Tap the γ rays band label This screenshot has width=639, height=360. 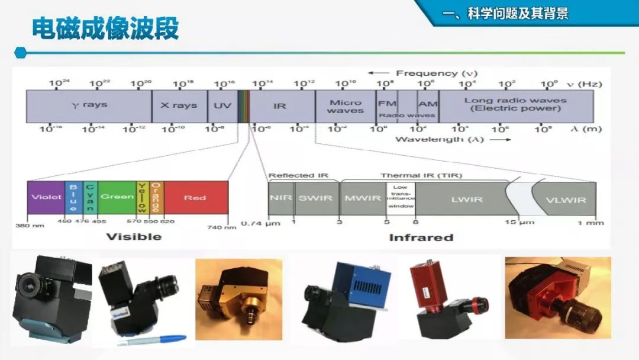89,105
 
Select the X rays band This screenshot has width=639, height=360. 179,105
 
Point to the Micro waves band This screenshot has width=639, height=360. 345,107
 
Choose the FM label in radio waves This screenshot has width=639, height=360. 386,103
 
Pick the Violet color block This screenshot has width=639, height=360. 46,197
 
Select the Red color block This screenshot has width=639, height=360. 195,197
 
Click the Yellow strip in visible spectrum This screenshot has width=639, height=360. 142,197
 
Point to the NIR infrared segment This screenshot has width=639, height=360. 281,198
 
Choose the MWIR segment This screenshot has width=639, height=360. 363,198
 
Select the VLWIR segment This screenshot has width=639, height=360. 565,200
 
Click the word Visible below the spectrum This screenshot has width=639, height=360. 134,237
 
